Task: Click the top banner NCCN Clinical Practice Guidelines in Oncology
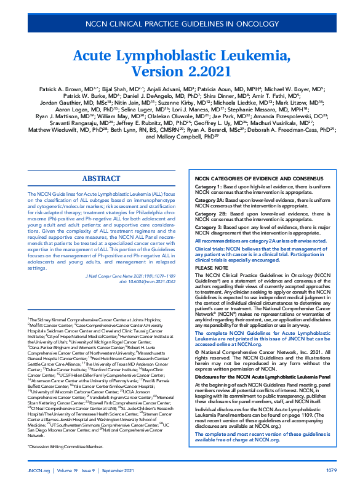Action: point(180,24)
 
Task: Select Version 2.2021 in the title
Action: point(180,73)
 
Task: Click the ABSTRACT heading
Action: point(101,178)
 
